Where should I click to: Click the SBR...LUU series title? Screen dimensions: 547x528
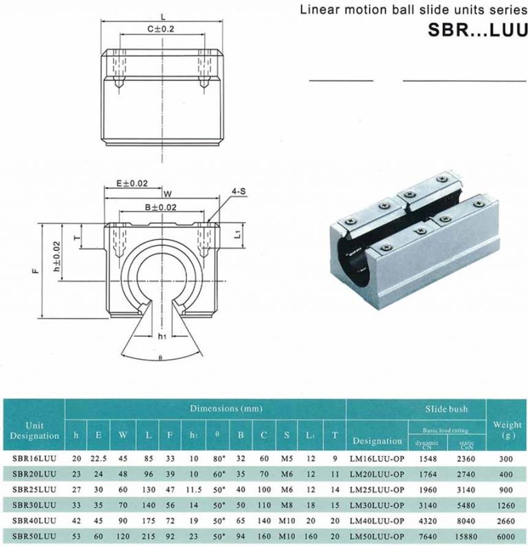pyautogui.click(x=474, y=32)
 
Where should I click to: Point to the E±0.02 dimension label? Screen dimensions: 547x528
pyautogui.click(x=131, y=183)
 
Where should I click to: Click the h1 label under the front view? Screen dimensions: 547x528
pyautogui.click(x=162, y=337)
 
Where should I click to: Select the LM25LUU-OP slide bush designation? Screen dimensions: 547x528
pyautogui.click(x=377, y=488)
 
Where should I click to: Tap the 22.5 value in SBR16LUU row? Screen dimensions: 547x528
pyautogui.click(x=99, y=457)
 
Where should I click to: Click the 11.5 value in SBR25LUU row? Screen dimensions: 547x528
pyautogui.click(x=195, y=488)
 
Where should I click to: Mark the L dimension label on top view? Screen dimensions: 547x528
pyautogui.click(x=161, y=14)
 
